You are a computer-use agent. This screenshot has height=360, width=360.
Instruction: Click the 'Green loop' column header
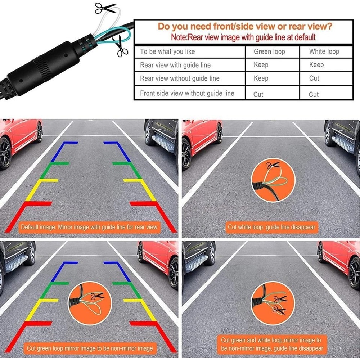click(x=269, y=51)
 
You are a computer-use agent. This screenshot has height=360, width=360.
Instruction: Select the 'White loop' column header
click(x=324, y=51)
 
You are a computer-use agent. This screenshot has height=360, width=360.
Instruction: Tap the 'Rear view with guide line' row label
click(x=175, y=65)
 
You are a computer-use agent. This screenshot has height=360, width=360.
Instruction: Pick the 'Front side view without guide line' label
click(x=187, y=93)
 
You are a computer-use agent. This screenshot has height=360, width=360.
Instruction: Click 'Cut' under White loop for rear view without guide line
click(x=314, y=78)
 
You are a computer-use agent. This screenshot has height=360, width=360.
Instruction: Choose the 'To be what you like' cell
click(x=167, y=51)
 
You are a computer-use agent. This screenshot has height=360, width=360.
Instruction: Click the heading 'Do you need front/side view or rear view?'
click(x=245, y=26)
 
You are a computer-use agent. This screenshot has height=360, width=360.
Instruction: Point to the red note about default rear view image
click(x=243, y=37)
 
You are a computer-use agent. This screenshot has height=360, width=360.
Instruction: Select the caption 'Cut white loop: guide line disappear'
click(x=271, y=227)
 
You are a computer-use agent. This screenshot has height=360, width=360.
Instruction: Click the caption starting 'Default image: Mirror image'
click(x=89, y=227)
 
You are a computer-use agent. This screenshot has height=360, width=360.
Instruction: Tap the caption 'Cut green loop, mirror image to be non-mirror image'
click(x=90, y=348)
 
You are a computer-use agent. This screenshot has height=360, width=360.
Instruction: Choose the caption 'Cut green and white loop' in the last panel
click(x=272, y=344)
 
